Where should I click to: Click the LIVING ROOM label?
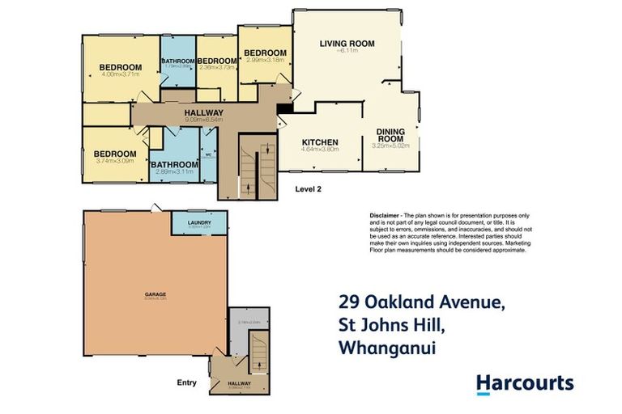click(x=347, y=43)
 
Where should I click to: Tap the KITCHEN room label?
click(x=319, y=142)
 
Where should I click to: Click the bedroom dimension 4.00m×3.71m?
click(x=121, y=75)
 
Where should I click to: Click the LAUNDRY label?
click(x=199, y=222)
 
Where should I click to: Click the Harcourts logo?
click(x=524, y=383)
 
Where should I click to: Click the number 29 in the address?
click(x=349, y=304)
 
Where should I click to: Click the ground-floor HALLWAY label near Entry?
click(x=238, y=382)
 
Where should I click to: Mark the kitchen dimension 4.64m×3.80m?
click(x=319, y=150)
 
